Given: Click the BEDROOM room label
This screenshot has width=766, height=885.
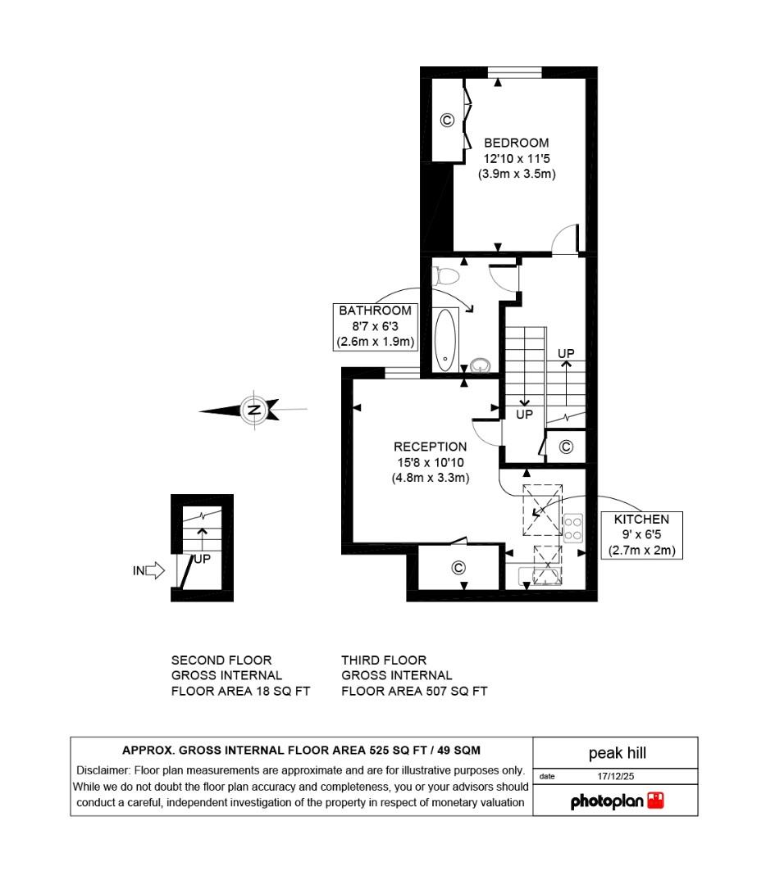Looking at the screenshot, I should pos(516,143).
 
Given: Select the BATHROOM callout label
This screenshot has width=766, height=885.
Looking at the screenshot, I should pos(375,311).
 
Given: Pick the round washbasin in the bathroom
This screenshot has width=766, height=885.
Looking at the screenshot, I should pos(481,364).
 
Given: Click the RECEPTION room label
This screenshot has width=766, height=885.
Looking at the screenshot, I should pos(430,447).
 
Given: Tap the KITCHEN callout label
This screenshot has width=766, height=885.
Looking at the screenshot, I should pos(641,520).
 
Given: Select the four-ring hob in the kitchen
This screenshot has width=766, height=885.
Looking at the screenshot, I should pos(573,527).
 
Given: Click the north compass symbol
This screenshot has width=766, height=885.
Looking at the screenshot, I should pos(253,409).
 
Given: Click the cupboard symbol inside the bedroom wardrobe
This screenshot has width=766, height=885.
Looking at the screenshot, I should pos(447,120).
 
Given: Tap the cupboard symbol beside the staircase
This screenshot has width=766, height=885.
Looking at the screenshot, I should pos(565,447).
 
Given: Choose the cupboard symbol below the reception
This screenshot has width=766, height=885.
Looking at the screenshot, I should pos(458,567).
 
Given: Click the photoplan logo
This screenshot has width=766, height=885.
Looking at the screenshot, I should pos(617,801).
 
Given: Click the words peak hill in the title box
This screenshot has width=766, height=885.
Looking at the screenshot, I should pos(617,752).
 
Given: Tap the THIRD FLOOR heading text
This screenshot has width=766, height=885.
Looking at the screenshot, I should pos(384,660).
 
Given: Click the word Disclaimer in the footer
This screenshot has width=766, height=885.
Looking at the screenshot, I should pos(103,770).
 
